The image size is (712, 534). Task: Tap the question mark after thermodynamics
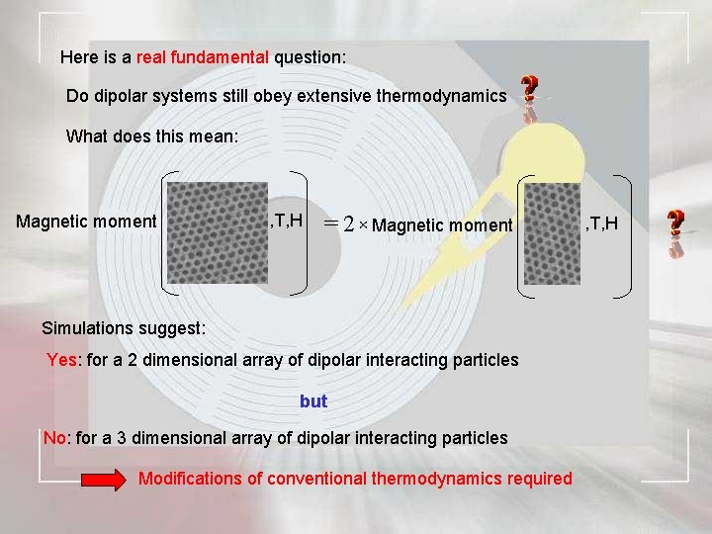(530, 91)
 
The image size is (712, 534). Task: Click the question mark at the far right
(675, 222)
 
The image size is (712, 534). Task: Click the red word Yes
(62, 360)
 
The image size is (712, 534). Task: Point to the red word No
(55, 437)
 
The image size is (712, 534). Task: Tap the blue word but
(313, 401)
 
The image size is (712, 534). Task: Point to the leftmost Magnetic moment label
(86, 222)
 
